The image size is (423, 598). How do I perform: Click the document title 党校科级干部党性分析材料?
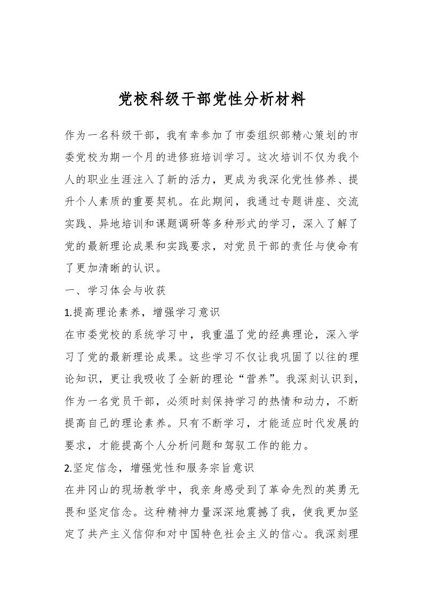click(x=211, y=99)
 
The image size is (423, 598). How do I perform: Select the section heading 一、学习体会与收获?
click(x=114, y=290)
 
